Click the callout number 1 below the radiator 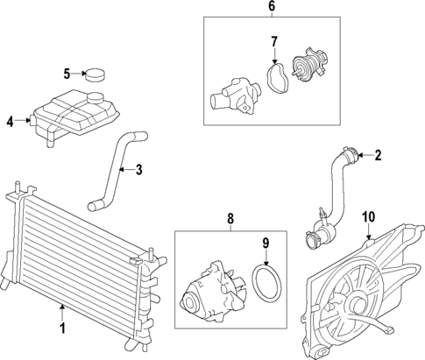click(x=61, y=329)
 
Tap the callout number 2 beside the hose click(x=378, y=157)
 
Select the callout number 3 click(x=138, y=169)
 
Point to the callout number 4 click(x=11, y=122)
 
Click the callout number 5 click(x=67, y=74)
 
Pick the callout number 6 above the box click(x=271, y=7)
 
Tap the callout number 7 click(x=273, y=41)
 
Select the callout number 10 click(x=368, y=215)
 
